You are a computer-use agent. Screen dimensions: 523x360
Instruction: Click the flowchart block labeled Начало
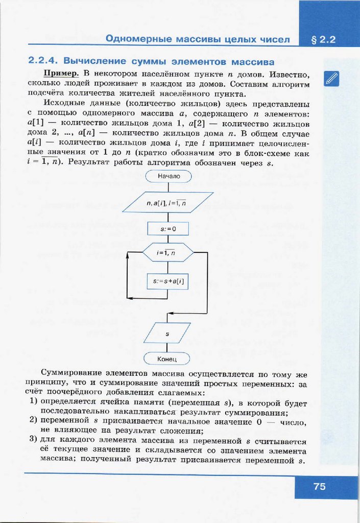[x=167, y=177]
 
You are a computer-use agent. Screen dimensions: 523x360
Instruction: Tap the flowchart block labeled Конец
[x=167, y=359]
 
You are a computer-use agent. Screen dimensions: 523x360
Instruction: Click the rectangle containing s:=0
[x=167, y=229]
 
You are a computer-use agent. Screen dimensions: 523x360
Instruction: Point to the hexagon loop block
[x=167, y=253]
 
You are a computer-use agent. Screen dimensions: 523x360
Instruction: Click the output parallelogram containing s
[x=167, y=333]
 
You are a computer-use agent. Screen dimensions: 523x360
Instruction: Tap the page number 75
[x=320, y=486]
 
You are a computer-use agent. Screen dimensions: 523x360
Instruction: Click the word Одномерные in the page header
[x=137, y=39]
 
